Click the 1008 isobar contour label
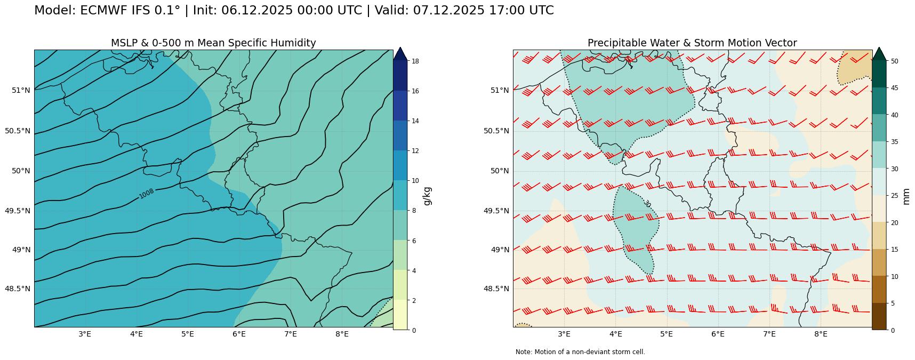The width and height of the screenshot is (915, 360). pyautogui.click(x=147, y=194)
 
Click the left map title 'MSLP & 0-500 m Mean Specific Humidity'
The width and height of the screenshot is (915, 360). pyautogui.click(x=213, y=43)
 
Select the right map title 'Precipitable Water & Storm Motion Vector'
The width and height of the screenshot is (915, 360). pyautogui.click(x=692, y=43)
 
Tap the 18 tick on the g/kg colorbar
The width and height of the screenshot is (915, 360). pyautogui.click(x=414, y=61)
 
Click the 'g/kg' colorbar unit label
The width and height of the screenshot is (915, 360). pyautogui.click(x=427, y=196)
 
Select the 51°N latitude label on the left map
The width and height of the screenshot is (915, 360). pyautogui.click(x=21, y=90)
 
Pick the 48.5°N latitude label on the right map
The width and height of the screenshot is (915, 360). pyautogui.click(x=496, y=289)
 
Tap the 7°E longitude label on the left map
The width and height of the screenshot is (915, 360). pyautogui.click(x=290, y=334)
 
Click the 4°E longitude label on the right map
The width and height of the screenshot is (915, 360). pyautogui.click(x=615, y=334)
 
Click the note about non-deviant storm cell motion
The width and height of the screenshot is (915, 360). pyautogui.click(x=580, y=352)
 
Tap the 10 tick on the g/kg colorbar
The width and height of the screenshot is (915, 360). pyautogui.click(x=414, y=181)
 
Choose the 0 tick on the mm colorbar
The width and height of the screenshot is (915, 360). pyautogui.click(x=891, y=330)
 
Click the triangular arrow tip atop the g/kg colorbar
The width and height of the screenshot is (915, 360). pyautogui.click(x=400, y=53)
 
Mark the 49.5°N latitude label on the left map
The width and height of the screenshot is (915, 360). pyautogui.click(x=18, y=211)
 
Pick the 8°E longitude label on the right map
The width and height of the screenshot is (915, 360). pyautogui.click(x=821, y=334)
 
